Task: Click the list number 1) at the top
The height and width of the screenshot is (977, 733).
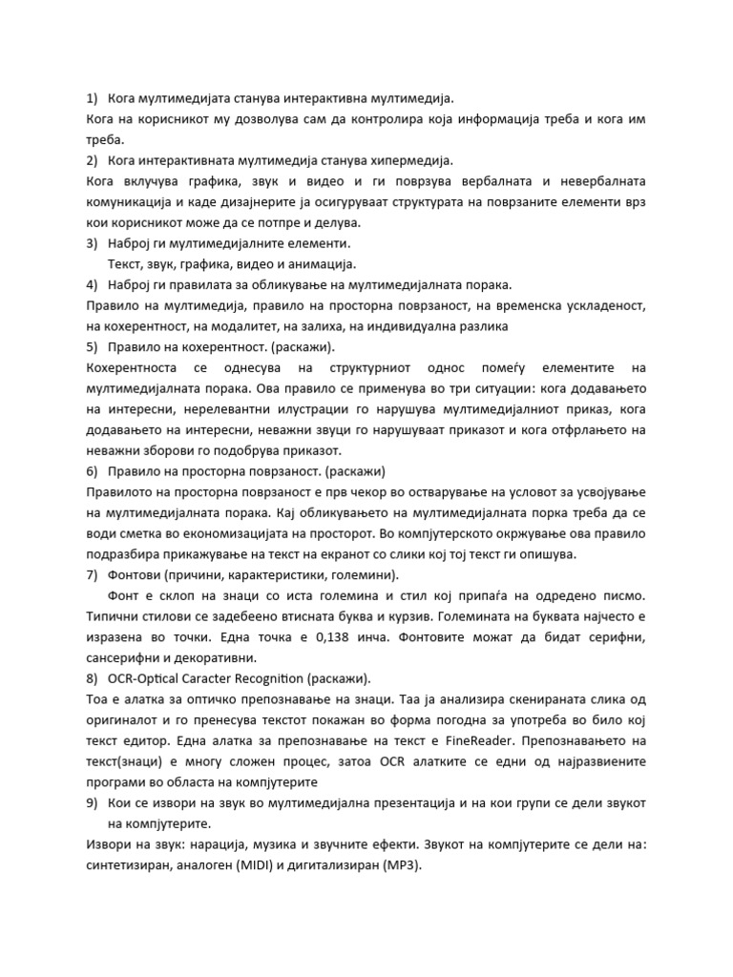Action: coord(92,98)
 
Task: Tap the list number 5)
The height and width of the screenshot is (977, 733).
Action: coord(92,346)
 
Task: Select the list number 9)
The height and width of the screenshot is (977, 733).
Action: coord(92,804)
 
